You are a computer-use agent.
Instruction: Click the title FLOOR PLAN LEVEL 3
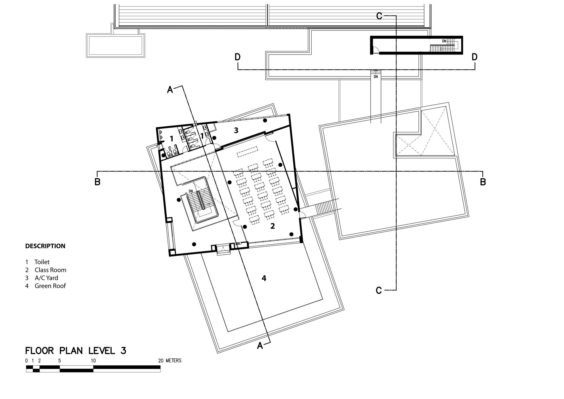(76, 351)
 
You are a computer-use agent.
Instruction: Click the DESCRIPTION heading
(45, 246)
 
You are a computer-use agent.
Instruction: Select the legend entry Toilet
(42, 262)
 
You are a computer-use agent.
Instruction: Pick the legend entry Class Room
(50, 270)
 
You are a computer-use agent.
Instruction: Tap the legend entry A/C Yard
(46, 278)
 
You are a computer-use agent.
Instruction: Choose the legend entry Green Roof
(50, 286)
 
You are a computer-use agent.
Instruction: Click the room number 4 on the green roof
(264, 279)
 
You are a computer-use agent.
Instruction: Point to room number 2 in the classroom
(272, 226)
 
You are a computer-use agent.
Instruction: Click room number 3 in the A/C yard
(236, 130)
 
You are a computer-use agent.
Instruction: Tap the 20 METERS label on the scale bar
(170, 361)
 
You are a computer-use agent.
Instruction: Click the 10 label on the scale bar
(93, 361)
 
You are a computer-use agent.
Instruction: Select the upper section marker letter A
(170, 90)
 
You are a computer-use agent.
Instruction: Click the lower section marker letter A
(260, 345)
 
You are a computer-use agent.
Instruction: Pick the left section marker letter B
(97, 182)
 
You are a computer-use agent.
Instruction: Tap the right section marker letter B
(483, 182)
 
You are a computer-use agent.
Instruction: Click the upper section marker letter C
(379, 16)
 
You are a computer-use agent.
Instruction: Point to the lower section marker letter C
(379, 290)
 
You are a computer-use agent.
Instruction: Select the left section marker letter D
(237, 57)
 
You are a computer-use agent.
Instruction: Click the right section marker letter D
(475, 57)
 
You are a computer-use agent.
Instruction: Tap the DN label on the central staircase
(191, 191)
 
